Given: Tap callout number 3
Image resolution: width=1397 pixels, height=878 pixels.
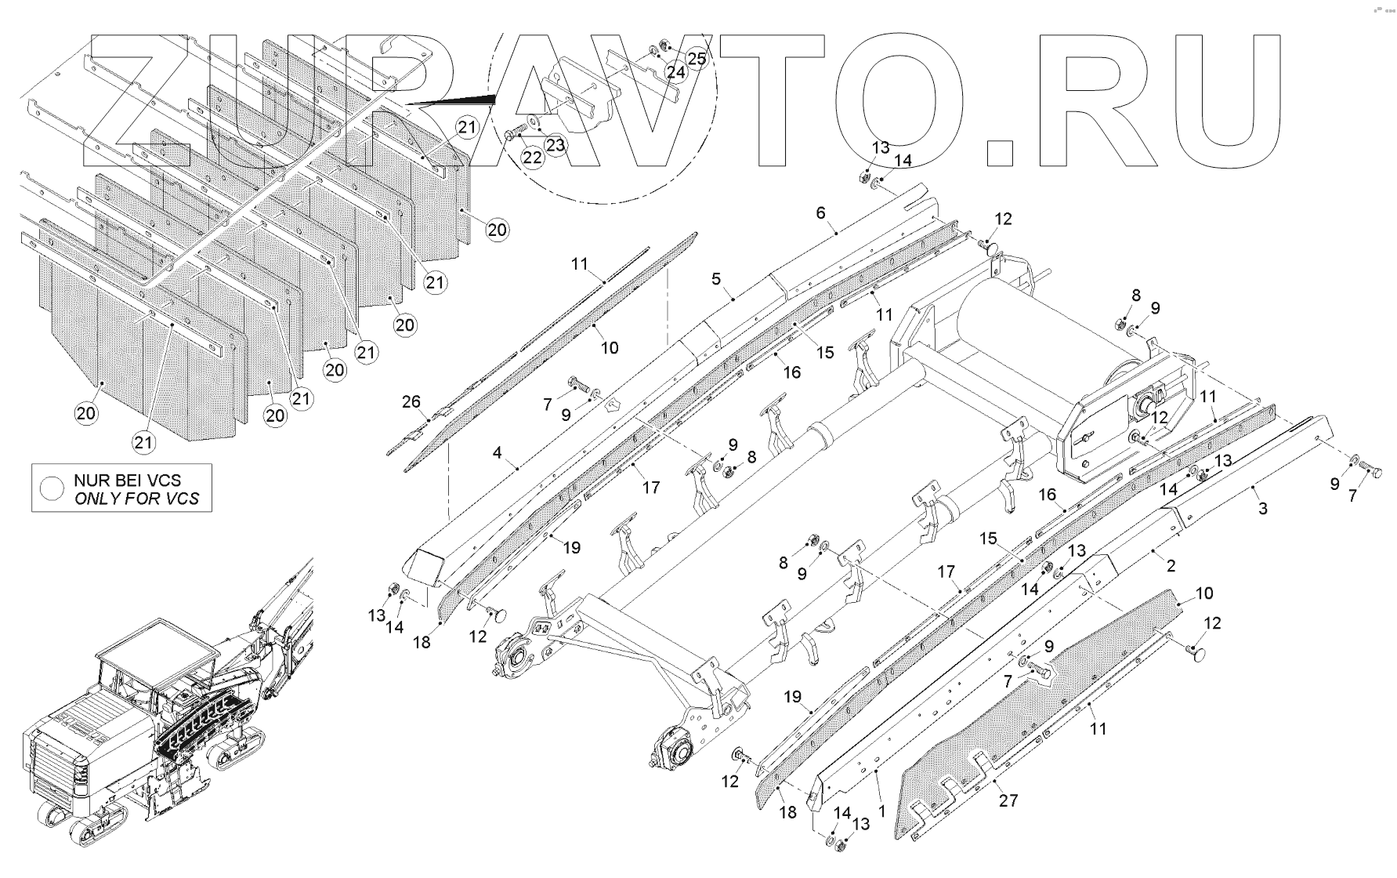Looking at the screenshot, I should [x=1262, y=508].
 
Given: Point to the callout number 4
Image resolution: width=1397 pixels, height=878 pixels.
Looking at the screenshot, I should [x=497, y=452].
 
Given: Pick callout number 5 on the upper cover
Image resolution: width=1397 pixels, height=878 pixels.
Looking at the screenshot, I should [x=715, y=278].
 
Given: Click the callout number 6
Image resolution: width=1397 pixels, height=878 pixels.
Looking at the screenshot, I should [x=820, y=212].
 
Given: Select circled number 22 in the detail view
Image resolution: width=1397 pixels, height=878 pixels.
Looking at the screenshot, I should [x=533, y=158].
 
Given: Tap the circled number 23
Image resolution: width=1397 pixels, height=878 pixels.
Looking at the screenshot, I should [x=555, y=144].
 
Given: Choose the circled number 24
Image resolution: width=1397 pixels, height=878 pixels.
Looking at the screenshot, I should [x=675, y=72].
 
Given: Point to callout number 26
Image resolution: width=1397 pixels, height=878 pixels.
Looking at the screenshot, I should [x=411, y=402].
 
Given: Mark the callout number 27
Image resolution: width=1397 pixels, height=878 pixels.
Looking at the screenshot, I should [x=1008, y=800].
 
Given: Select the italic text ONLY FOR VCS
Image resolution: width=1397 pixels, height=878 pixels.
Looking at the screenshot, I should [x=136, y=499].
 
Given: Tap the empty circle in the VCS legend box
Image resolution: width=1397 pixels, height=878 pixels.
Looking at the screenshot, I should [x=53, y=488].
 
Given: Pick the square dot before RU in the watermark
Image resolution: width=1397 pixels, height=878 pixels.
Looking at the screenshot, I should [x=1001, y=154].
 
